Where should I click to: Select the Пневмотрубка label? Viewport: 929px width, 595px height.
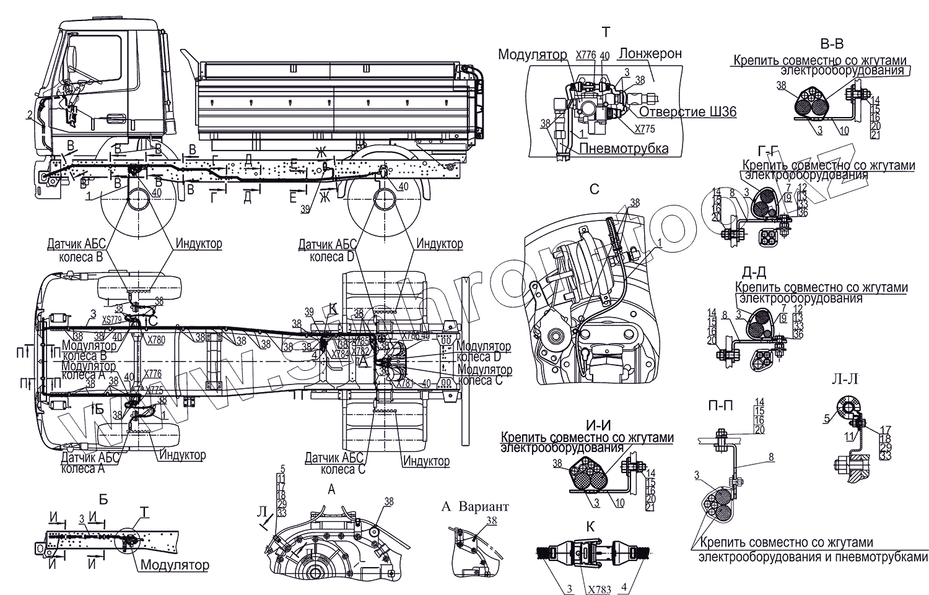[x=624, y=149]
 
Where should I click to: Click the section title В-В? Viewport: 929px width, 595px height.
[x=831, y=44]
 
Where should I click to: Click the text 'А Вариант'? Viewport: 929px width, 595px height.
[x=474, y=506]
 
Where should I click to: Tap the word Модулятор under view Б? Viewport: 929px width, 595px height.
[x=174, y=565]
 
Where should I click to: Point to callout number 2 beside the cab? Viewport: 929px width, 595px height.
[x=29, y=114]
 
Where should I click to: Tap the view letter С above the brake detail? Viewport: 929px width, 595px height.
[x=594, y=189]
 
